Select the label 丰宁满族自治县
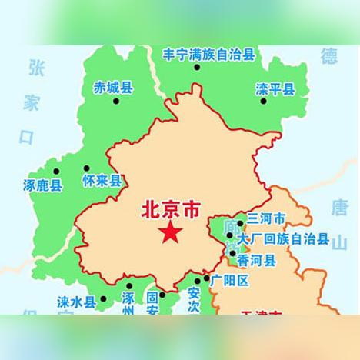tap(208, 55)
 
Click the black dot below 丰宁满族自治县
tap(198, 68)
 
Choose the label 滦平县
tap(275, 90)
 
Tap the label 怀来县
tap(102, 182)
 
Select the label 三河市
tap(265, 219)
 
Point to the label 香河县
tap(256, 261)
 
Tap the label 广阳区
tap(231, 281)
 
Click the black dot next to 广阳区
tap(206, 279)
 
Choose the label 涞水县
tap(76, 301)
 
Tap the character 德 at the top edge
tap(329, 55)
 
